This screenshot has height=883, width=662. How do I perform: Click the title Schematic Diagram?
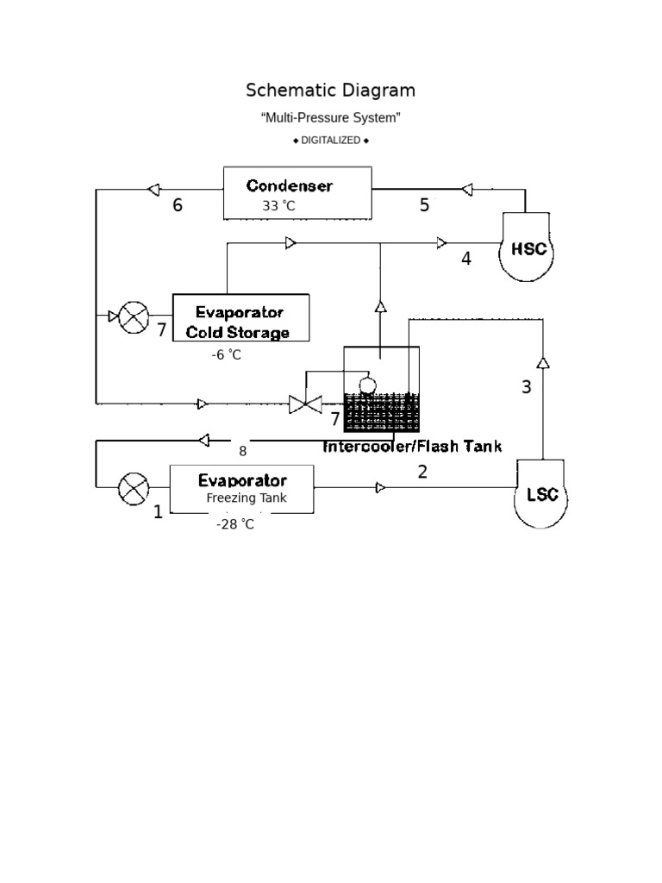pyautogui.click(x=330, y=91)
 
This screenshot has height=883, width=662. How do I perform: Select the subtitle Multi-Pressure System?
pyautogui.click(x=330, y=117)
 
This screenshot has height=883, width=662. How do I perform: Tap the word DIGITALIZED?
pyautogui.click(x=330, y=140)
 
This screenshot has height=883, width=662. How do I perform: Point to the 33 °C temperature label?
pyautogui.click(x=279, y=206)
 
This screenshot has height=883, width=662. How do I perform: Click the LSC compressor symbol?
pyautogui.click(x=542, y=494)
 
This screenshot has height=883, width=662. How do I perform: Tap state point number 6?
pyautogui.click(x=178, y=205)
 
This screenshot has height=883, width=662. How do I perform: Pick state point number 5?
pyautogui.click(x=424, y=205)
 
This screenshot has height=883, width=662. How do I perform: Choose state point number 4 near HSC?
pyautogui.click(x=466, y=259)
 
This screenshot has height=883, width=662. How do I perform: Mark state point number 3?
pyautogui.click(x=527, y=387)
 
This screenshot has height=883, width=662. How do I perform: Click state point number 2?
pyautogui.click(x=422, y=472)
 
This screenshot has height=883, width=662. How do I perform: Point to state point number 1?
pyautogui.click(x=158, y=513)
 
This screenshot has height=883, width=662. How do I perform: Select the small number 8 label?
pyautogui.click(x=242, y=450)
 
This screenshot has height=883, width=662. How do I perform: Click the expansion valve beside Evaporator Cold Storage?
pyautogui.click(x=133, y=316)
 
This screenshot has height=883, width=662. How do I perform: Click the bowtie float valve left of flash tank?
pyautogui.click(x=304, y=403)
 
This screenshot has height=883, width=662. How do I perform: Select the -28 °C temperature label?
pyautogui.click(x=235, y=523)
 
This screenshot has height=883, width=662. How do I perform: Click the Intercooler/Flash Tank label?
pyautogui.click(x=412, y=446)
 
